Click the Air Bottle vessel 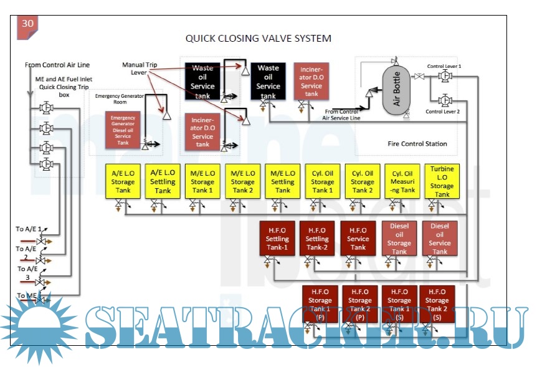click(x=397, y=88)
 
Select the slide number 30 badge click(x=28, y=24)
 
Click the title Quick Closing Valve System click(x=258, y=38)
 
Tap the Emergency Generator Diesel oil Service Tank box click(x=123, y=130)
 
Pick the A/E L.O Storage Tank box click(x=123, y=181)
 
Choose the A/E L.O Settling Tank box click(x=163, y=181)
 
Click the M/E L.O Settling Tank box click(x=283, y=181)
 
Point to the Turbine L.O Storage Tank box click(x=442, y=181)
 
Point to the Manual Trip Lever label click(x=139, y=68)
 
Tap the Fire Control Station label click(x=417, y=144)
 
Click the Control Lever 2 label click(x=442, y=112)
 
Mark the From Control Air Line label click(x=57, y=65)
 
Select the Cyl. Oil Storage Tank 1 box click(x=323, y=181)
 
